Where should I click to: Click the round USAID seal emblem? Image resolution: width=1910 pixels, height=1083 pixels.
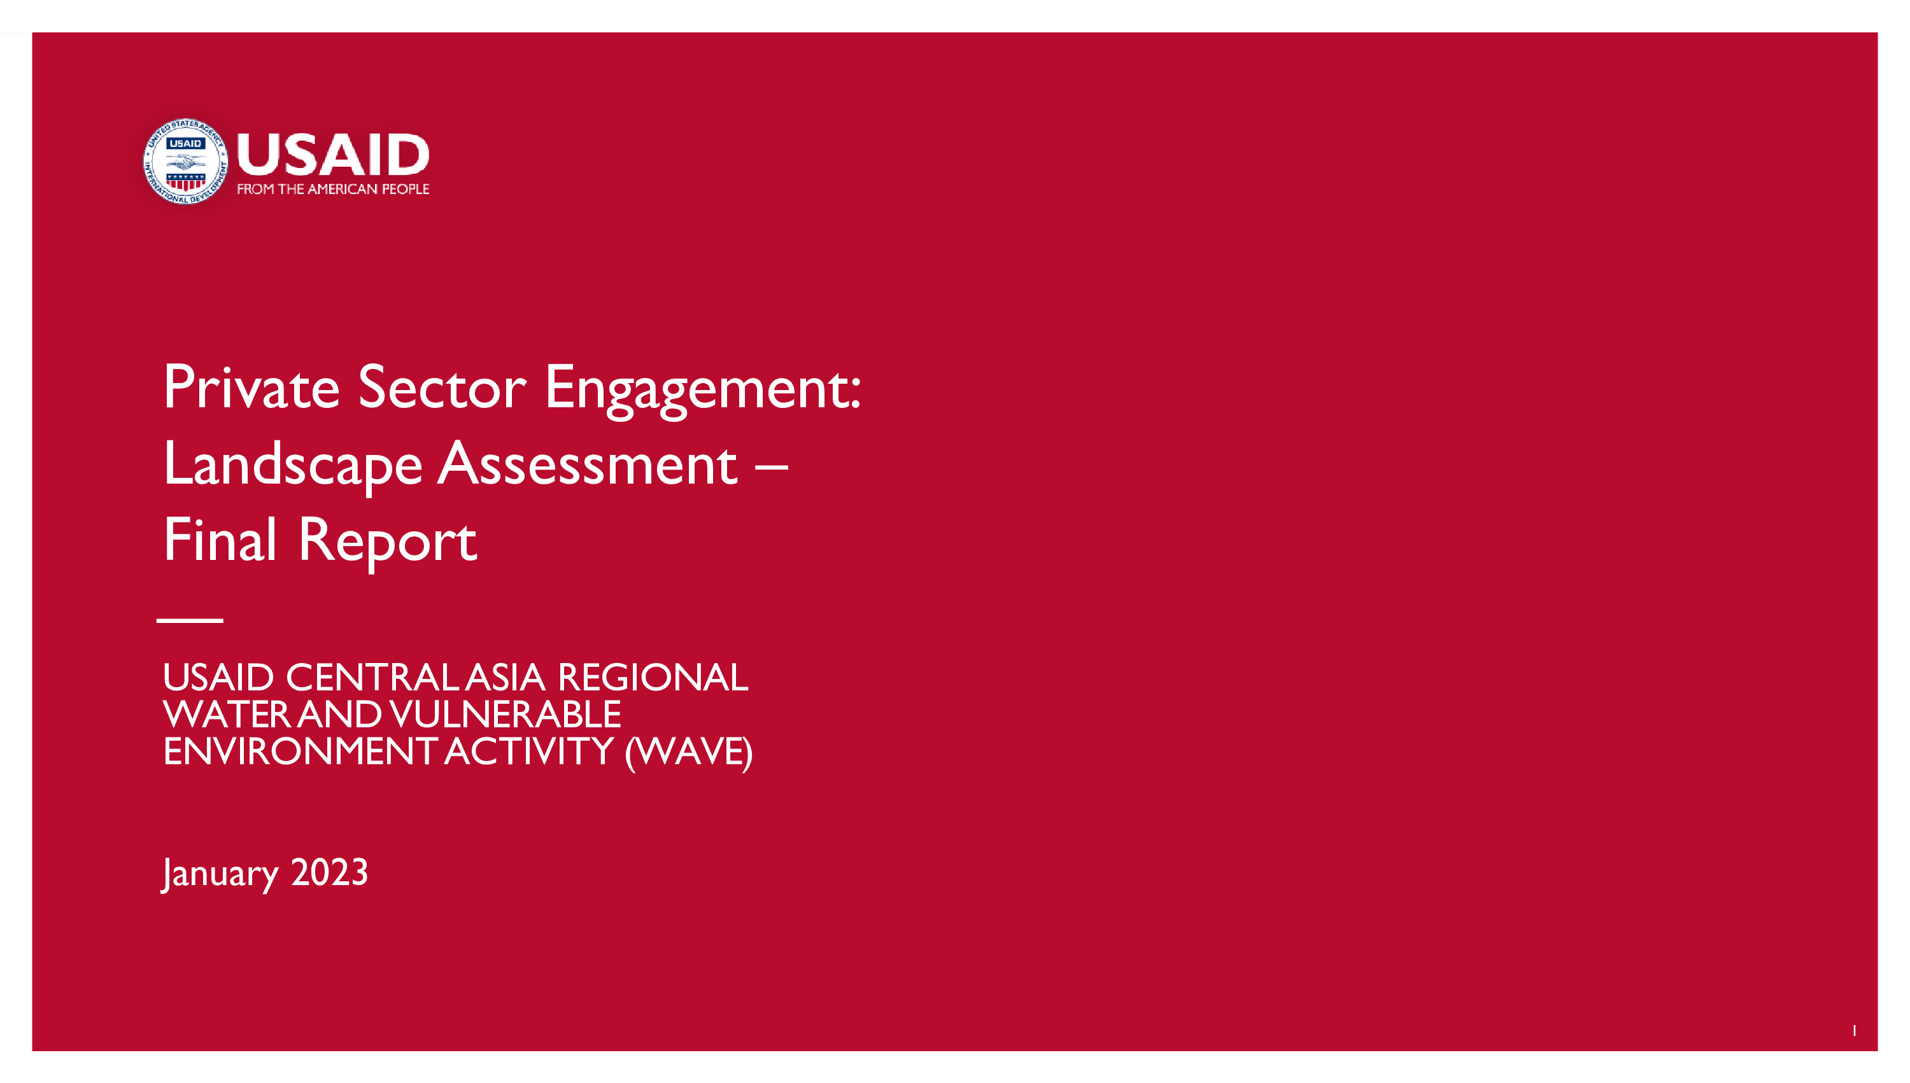(185, 162)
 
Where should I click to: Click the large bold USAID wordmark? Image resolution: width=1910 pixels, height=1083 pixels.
(332, 155)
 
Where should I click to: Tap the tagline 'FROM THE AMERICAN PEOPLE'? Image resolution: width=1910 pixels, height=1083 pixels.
(332, 189)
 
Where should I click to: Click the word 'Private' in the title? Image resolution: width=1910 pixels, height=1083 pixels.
(251, 388)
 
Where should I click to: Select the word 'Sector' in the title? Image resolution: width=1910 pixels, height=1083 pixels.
(442, 388)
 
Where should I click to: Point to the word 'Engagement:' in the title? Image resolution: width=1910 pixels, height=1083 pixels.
(703, 391)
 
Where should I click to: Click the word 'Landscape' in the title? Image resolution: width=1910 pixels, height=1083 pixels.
(293, 466)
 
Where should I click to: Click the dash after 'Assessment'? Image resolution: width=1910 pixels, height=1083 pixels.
(771, 468)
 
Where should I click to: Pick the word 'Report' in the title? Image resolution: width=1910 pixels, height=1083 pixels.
(387, 543)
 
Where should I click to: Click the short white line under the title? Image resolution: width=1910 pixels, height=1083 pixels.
(190, 620)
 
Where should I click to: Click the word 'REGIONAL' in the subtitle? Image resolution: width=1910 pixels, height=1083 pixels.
(653, 678)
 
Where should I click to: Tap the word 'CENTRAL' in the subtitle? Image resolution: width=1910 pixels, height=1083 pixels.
(374, 678)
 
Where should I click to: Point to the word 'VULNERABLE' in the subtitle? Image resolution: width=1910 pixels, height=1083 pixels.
(506, 715)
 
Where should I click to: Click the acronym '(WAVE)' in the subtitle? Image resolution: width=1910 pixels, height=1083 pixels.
(688, 753)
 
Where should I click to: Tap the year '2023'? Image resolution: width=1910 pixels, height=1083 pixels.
(330, 872)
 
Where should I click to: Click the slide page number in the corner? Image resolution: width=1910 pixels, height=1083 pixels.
(1854, 1030)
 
